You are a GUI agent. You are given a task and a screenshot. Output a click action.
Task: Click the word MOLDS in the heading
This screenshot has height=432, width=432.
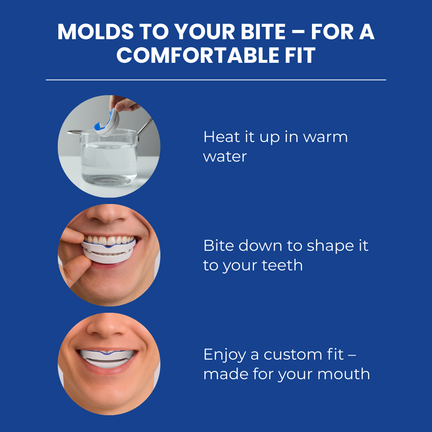coord(96,32)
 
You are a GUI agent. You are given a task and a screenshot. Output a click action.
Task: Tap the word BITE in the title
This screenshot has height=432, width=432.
coord(263,32)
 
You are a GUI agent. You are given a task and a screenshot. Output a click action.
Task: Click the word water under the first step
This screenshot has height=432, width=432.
coord(225,156)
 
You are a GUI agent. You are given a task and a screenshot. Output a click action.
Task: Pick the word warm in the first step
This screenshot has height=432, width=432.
coord(325,137)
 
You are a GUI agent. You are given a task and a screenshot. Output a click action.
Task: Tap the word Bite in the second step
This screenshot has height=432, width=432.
coord(219,245)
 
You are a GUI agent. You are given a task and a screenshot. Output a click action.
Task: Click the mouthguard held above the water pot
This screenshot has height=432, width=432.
coord(107,123)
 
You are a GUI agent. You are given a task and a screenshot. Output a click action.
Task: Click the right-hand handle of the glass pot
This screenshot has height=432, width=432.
coord(145,127)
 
